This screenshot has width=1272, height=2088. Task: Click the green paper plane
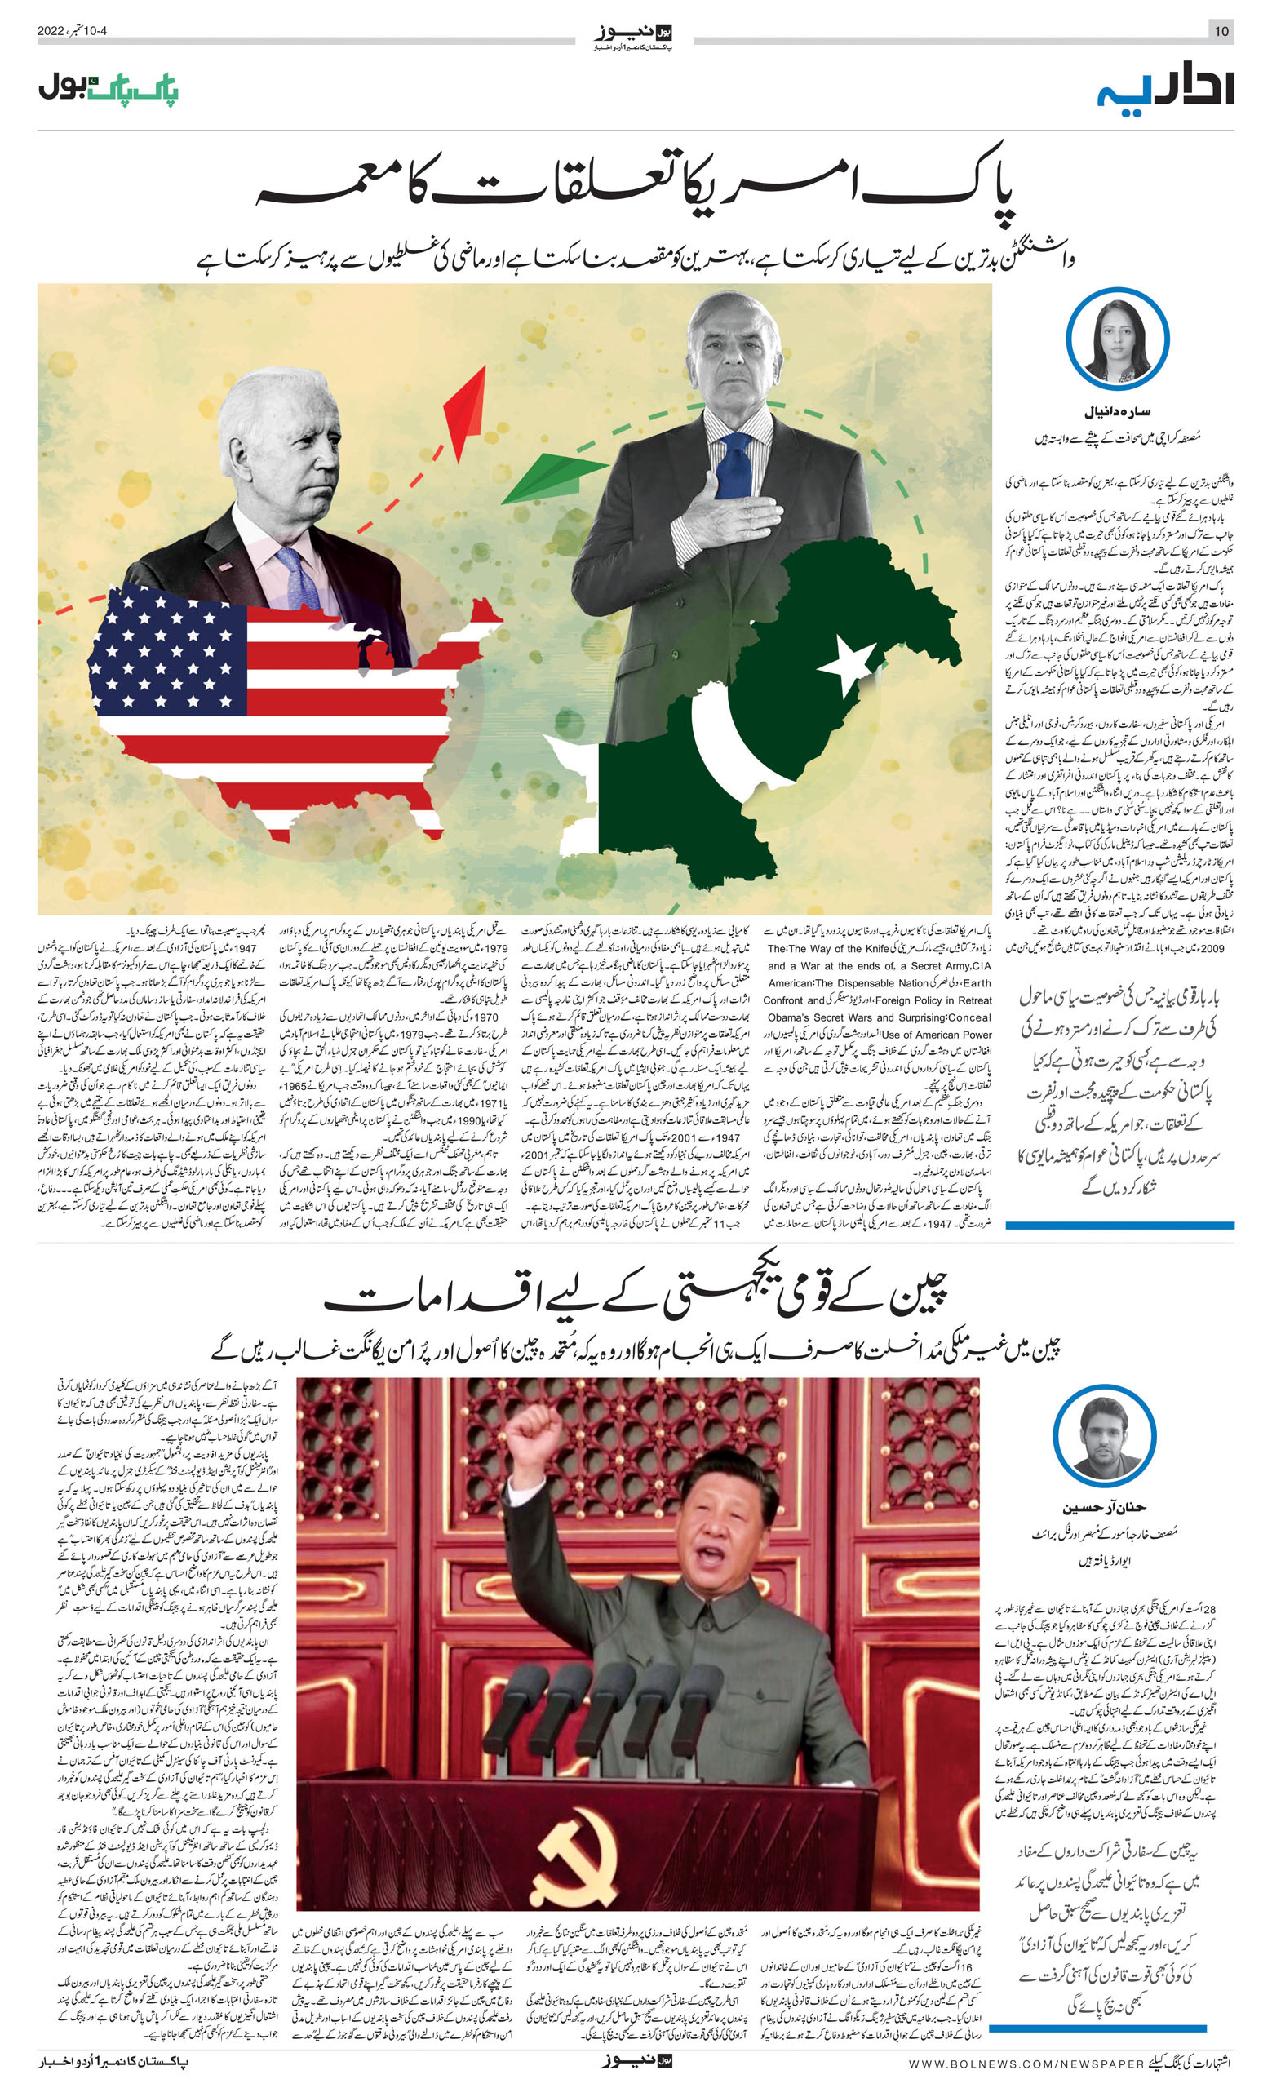[x=552, y=477]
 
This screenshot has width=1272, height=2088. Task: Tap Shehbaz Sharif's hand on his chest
[x=730, y=511]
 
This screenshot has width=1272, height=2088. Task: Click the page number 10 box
[x=1221, y=31]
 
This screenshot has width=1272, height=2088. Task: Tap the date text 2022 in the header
[x=51, y=31]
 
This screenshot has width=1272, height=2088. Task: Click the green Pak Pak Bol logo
[x=109, y=88]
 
